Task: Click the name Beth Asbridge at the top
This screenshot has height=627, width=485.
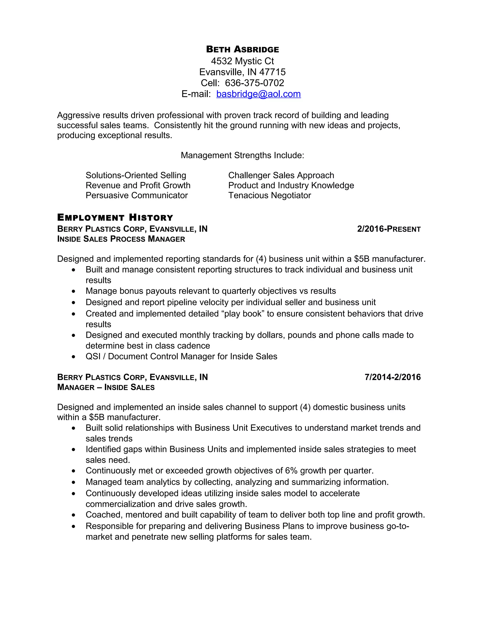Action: click(x=242, y=49)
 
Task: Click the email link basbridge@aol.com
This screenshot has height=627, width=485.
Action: click(x=258, y=94)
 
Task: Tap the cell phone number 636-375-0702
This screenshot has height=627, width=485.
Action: click(x=254, y=83)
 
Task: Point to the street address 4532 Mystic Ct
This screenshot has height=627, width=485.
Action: click(x=242, y=61)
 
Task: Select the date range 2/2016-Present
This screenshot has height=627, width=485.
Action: click(x=389, y=229)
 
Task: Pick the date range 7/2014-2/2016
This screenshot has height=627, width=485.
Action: click(x=392, y=377)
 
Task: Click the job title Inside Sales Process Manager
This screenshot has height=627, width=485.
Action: click(x=121, y=239)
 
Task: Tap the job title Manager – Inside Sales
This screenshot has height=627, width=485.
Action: click(x=106, y=387)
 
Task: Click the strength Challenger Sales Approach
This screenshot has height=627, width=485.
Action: click(x=281, y=175)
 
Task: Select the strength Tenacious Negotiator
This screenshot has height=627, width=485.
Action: click(x=269, y=195)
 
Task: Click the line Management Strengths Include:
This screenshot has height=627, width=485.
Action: click(x=242, y=155)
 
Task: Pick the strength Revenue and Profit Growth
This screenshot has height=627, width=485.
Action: click(x=138, y=185)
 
